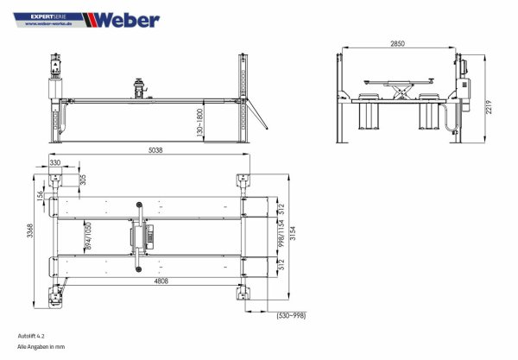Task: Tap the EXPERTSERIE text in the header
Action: [x=47, y=16]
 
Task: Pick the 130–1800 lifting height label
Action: [x=199, y=122]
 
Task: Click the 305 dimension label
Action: [x=83, y=179]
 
